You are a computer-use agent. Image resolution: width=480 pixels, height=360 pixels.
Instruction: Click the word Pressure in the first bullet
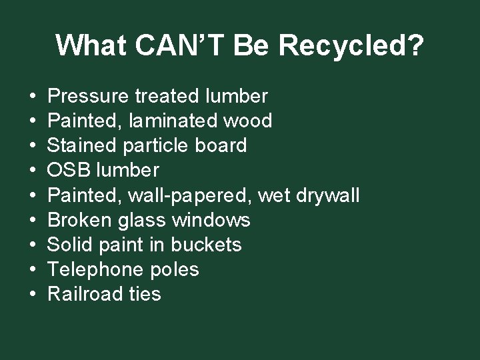89,97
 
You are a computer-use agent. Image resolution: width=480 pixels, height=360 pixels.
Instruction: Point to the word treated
167,97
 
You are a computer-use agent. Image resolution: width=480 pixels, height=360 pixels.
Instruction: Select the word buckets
206,245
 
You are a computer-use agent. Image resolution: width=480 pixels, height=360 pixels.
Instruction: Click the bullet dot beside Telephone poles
33,270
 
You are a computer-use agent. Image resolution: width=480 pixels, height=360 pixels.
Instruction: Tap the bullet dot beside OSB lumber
33,171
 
